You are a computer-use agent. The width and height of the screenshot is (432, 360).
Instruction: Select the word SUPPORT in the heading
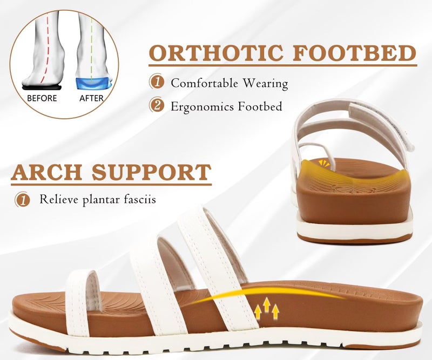pyautogui.click(x=152, y=172)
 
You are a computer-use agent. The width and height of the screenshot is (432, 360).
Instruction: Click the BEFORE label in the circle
pyautogui.click(x=42, y=98)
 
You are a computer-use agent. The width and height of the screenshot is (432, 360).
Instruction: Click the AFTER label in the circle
pyautogui.click(x=91, y=98)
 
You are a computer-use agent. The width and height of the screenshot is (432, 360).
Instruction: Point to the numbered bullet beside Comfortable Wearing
pyautogui.click(x=157, y=83)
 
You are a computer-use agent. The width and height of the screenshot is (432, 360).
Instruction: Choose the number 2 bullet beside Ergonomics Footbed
pyautogui.click(x=157, y=106)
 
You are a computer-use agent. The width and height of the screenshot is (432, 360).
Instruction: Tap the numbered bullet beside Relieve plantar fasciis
pyautogui.click(x=22, y=200)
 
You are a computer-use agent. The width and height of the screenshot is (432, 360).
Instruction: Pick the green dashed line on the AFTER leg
pyautogui.click(x=92, y=43)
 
